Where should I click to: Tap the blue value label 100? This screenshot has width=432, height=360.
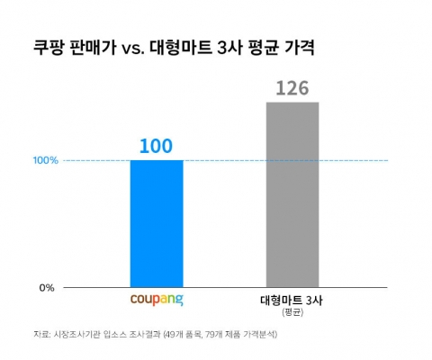point(157,146)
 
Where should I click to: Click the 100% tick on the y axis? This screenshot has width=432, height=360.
point(46,161)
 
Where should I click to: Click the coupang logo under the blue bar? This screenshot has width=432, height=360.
point(157,298)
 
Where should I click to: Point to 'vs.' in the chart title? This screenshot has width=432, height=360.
point(132,46)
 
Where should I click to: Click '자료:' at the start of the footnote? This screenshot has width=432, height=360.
point(41,335)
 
